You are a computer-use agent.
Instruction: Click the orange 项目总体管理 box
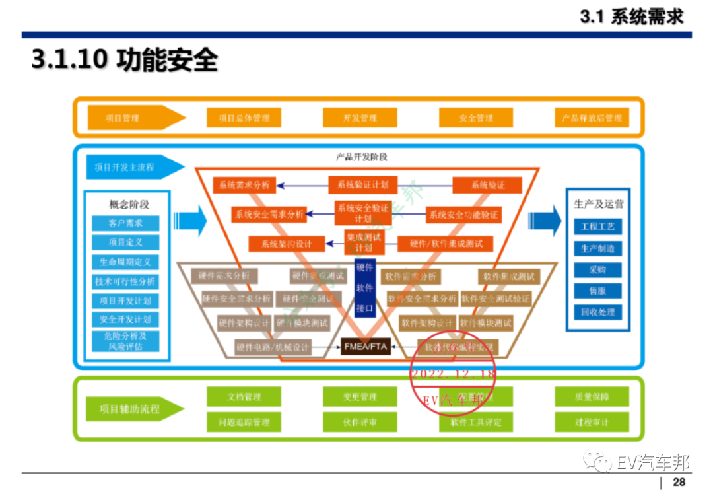(244, 118)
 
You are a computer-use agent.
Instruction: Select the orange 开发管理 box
(360, 118)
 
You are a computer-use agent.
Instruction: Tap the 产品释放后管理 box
(592, 118)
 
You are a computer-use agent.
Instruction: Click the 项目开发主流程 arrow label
(132, 167)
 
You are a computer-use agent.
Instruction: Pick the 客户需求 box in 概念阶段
(125, 223)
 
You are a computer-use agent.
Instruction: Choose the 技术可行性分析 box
(125, 281)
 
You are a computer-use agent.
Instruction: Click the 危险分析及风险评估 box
(125, 341)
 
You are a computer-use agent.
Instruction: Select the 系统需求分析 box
(244, 185)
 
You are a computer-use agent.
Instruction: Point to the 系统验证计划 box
(363, 185)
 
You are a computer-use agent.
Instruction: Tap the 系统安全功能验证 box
(463, 215)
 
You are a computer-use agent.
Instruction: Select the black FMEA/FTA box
(366, 346)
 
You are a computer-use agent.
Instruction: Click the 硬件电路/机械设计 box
(272, 347)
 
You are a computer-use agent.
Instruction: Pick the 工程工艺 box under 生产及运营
(598, 227)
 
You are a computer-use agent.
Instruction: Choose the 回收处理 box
(598, 312)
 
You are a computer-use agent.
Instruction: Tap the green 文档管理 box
(244, 397)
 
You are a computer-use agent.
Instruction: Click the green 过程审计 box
(592, 422)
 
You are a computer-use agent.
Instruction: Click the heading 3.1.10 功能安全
(125, 60)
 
